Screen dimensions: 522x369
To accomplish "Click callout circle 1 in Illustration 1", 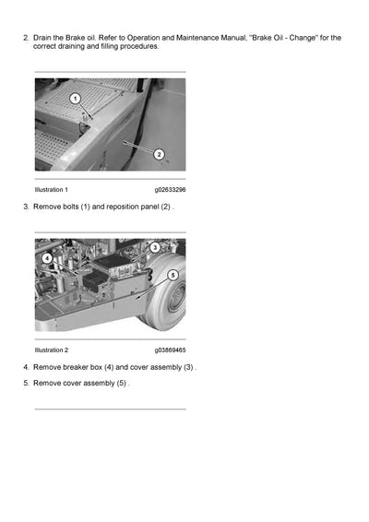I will click(x=75, y=97).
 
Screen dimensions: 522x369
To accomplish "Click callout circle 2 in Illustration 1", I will click(x=158, y=154).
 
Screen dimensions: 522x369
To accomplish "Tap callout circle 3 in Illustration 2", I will click(x=155, y=247).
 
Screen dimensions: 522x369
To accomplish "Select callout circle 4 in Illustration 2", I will click(x=46, y=258).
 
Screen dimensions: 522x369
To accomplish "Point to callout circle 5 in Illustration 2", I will click(x=173, y=274).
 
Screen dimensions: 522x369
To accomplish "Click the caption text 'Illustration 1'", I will click(x=51, y=189).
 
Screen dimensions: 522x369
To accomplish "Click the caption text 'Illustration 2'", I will click(x=51, y=350).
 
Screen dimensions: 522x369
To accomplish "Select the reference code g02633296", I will click(x=170, y=189).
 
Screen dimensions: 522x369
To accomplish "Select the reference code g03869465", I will click(x=170, y=350).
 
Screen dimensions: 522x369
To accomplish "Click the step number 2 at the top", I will click(x=25, y=38).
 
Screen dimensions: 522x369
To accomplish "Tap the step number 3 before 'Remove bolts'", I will click(x=25, y=207).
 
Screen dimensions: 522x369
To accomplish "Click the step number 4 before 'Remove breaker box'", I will click(x=25, y=367).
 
